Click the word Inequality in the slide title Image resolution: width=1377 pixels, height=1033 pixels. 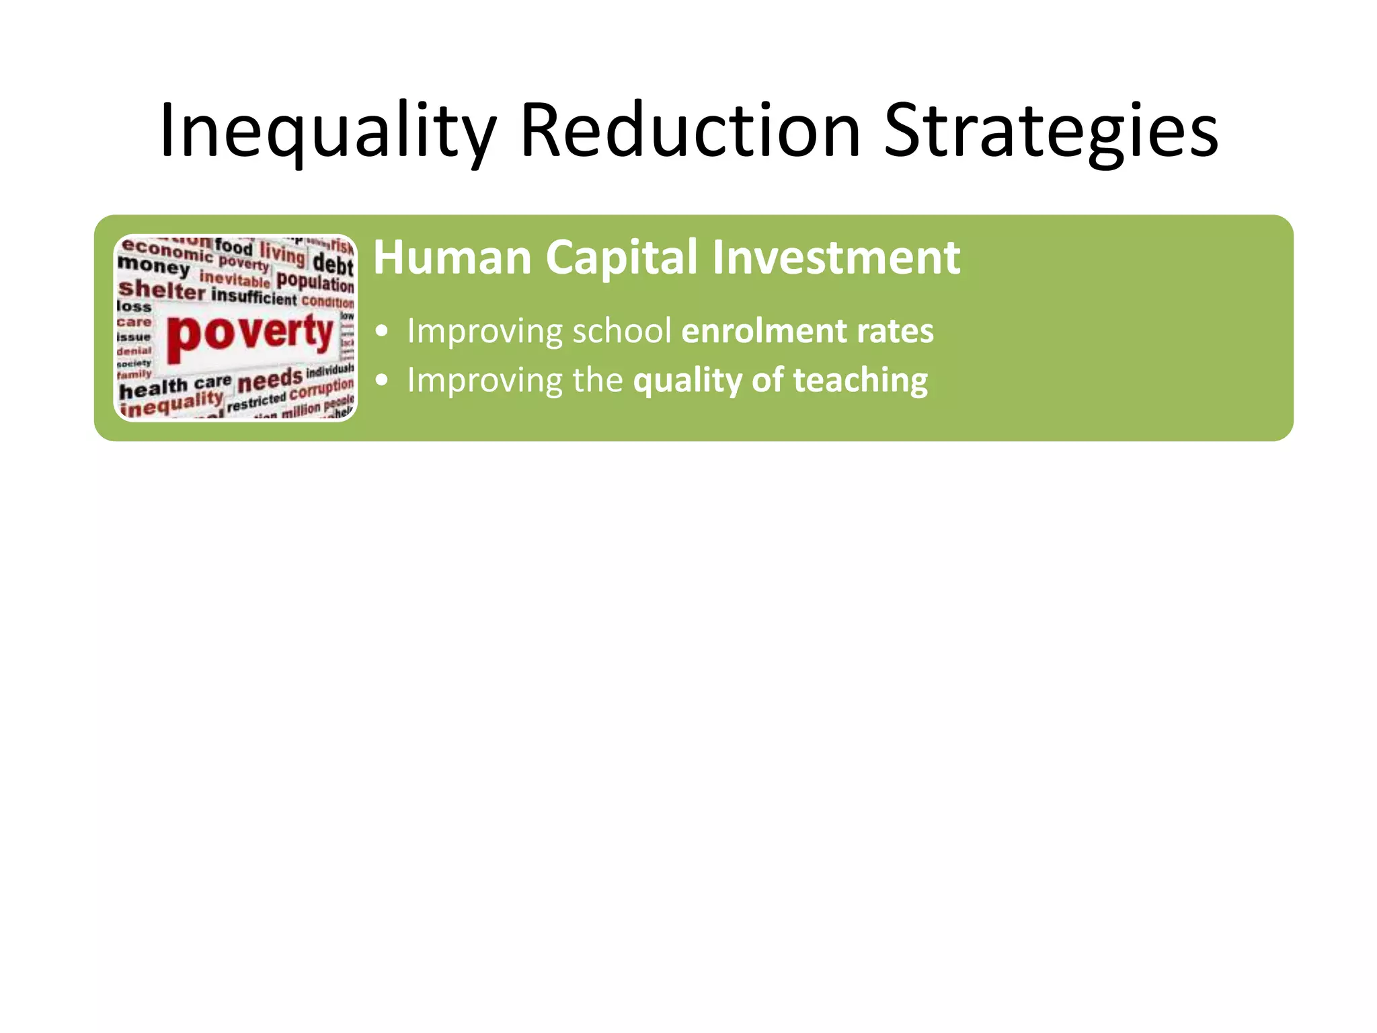click(x=327, y=131)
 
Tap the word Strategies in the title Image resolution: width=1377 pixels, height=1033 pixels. click(x=1050, y=131)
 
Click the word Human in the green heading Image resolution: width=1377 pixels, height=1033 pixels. click(x=453, y=258)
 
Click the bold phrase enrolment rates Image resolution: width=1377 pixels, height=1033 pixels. click(x=808, y=331)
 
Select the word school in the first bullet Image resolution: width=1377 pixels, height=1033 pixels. click(x=622, y=331)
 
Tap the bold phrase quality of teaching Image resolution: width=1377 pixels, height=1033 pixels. click(x=781, y=381)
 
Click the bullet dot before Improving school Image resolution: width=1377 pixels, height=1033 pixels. click(x=382, y=332)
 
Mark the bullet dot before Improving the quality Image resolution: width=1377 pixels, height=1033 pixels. click(x=382, y=381)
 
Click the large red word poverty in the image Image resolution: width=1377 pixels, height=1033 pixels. click(x=250, y=333)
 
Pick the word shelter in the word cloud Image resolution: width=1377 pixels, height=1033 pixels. click(x=161, y=290)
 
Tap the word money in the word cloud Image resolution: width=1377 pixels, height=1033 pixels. click(x=153, y=266)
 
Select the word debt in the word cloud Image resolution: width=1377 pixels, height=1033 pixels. click(x=333, y=263)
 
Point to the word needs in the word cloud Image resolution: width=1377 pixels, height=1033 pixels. click(x=270, y=381)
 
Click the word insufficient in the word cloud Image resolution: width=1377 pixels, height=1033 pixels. click(x=253, y=297)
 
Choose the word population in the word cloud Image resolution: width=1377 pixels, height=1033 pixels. click(x=315, y=280)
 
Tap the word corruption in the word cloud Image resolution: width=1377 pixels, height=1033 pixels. click(x=321, y=390)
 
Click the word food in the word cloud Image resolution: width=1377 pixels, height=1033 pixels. click(x=233, y=246)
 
